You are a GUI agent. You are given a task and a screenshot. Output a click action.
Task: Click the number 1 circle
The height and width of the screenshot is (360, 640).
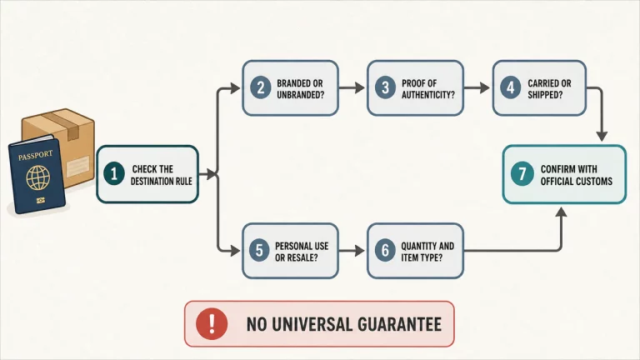click(x=114, y=173)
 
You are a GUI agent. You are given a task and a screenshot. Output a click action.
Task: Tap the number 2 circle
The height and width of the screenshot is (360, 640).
click(x=260, y=87)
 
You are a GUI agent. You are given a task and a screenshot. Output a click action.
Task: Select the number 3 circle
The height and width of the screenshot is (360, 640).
click(x=385, y=87)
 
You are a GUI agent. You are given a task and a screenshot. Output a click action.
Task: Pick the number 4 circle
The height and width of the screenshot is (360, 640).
click(x=511, y=87)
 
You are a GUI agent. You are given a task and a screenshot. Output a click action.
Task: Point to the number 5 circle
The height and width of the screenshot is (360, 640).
click(x=259, y=250)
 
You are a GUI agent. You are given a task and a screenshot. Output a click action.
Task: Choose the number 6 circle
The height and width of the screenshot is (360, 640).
click(x=385, y=250)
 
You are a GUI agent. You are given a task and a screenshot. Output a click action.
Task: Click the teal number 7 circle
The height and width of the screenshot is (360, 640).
click(x=522, y=173)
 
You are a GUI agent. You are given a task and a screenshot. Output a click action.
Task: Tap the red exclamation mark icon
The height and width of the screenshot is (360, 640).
click(x=212, y=324)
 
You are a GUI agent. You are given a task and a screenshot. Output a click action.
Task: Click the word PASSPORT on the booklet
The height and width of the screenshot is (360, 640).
click(x=35, y=156)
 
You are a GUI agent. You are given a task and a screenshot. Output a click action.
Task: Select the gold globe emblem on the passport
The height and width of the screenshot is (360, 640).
click(x=38, y=177)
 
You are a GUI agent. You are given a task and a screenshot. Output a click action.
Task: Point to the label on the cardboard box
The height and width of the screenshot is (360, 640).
click(x=78, y=166)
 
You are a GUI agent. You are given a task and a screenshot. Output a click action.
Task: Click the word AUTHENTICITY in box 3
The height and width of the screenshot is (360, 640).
click(x=428, y=95)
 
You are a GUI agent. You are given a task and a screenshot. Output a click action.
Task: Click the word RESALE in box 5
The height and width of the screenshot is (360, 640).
click(x=302, y=257)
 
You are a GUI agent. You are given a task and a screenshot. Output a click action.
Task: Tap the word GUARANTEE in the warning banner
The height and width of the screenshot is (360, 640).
click(x=400, y=324)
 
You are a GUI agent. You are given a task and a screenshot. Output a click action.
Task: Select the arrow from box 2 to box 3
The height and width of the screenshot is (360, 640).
click(x=352, y=87)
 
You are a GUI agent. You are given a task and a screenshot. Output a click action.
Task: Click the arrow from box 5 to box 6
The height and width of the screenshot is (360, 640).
click(x=352, y=250)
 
